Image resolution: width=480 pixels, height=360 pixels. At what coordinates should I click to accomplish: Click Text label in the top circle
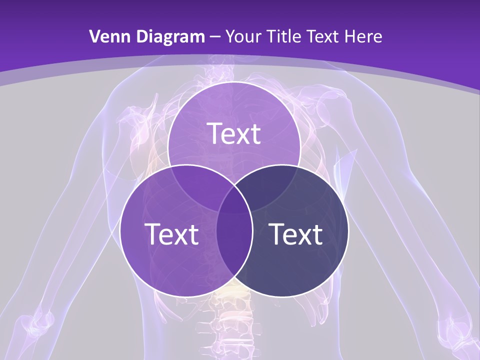point(234,133)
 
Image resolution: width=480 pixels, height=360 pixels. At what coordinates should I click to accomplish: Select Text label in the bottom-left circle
point(171,234)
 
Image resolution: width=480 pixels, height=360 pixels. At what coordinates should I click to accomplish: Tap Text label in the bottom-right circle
point(296,234)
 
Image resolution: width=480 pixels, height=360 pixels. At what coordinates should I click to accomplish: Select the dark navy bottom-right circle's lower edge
point(283,297)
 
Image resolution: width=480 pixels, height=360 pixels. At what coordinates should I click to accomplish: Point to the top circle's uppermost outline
point(234,82)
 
